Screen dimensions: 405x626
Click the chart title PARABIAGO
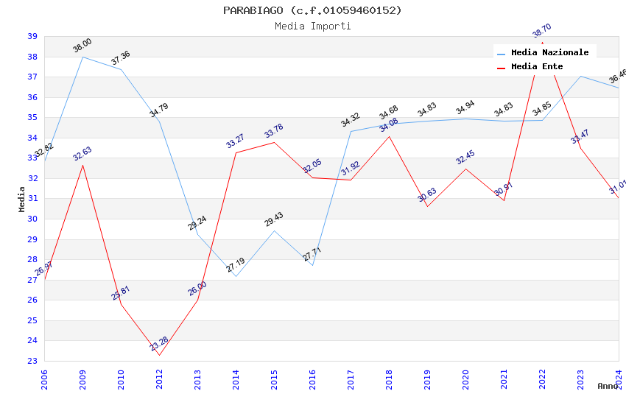(x=312, y=10)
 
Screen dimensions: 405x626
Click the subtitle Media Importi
(x=312, y=26)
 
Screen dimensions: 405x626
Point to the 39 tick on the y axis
(x=32, y=36)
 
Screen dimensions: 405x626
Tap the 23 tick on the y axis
(x=32, y=361)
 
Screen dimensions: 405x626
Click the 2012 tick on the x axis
(x=160, y=377)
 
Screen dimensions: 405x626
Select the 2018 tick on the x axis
(x=390, y=377)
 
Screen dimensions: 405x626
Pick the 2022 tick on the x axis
(x=543, y=377)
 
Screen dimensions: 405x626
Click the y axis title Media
(x=22, y=199)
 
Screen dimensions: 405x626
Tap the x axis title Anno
(x=608, y=386)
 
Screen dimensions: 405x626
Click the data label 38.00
(x=82, y=46)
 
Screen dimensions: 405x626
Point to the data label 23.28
(x=159, y=344)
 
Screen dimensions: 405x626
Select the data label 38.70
(x=541, y=31)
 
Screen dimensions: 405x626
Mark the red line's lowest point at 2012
(x=159, y=356)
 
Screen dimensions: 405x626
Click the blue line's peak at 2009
(x=82, y=57)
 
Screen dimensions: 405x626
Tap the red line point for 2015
(x=275, y=142)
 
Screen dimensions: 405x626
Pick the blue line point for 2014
(x=236, y=276)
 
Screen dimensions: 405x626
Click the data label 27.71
(x=312, y=255)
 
